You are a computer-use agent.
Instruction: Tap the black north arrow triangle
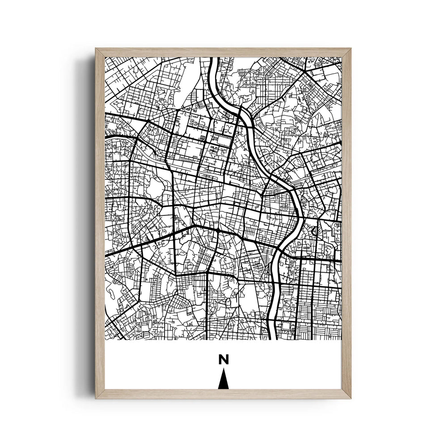click(223, 380)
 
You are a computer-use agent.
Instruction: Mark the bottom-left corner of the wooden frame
click(96, 398)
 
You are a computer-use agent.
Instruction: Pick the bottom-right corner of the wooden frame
click(351, 398)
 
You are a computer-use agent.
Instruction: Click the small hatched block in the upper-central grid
click(204, 138)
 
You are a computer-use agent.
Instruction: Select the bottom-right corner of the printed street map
click(341, 339)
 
